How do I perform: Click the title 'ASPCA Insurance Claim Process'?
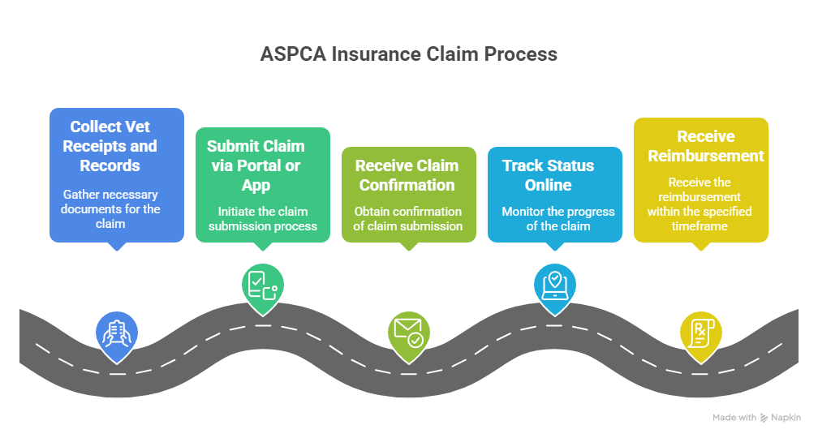click(x=408, y=54)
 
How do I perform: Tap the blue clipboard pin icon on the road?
click(x=116, y=333)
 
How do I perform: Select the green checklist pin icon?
click(x=262, y=285)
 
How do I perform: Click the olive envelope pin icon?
click(x=408, y=332)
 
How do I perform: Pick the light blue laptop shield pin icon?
click(x=554, y=285)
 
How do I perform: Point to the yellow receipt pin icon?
click(x=700, y=332)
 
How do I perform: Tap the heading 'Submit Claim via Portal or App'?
click(x=256, y=165)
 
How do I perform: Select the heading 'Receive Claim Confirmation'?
click(x=407, y=175)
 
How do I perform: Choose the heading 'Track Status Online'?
click(x=548, y=175)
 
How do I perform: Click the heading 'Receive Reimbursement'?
click(x=706, y=146)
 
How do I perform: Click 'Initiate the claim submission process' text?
click(x=262, y=218)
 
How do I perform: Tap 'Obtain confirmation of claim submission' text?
click(x=408, y=218)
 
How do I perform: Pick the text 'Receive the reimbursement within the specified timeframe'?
click(x=700, y=204)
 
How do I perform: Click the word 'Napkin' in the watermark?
click(x=786, y=417)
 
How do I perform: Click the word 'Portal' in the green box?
click(x=258, y=165)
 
